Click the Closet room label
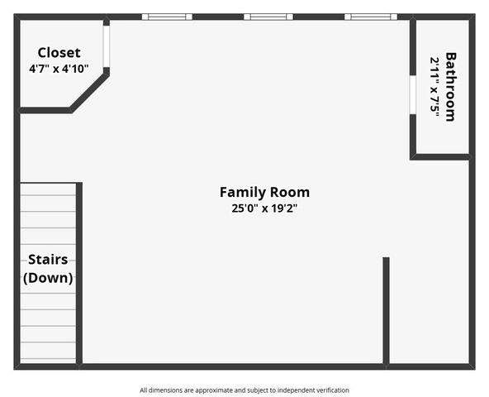pos(59,52)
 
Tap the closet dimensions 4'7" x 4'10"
pos(59,69)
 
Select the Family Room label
pos(265,192)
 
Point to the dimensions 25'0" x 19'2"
pos(264,208)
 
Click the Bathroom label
pos(450,87)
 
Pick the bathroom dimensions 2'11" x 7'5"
pos(434,87)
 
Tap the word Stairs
pos(48,260)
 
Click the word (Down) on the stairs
pos(48,278)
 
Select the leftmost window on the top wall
pos(167,17)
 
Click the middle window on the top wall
pos(268,17)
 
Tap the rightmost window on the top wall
pos(371,17)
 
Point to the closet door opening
pos(107,46)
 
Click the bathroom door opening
pos(413,95)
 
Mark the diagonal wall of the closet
pos(89,92)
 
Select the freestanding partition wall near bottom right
pos(386,311)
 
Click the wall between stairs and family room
pos(79,273)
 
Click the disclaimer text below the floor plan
pos(244,390)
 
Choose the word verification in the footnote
pos(333,390)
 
